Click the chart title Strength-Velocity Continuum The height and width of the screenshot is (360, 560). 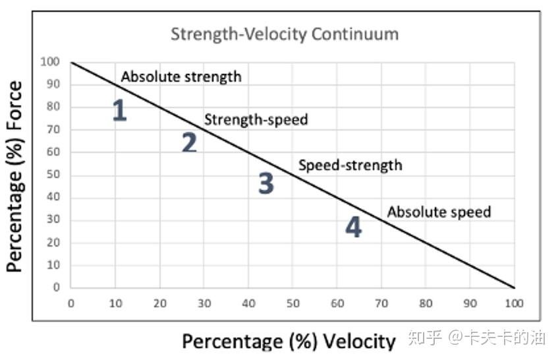click(x=285, y=34)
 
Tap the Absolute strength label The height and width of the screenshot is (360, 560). click(x=181, y=76)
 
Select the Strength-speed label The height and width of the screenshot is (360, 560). click(x=256, y=119)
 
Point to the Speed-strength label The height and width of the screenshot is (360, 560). click(x=350, y=165)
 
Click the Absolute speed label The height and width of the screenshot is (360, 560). click(x=439, y=212)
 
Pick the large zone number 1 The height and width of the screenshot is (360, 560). click(x=119, y=111)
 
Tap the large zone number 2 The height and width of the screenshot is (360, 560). click(x=189, y=142)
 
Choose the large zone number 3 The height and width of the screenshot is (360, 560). click(x=266, y=183)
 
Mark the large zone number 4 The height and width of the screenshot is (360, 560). click(x=354, y=227)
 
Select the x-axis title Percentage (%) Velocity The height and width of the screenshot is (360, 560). click(x=289, y=341)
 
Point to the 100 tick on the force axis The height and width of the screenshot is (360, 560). click(x=51, y=63)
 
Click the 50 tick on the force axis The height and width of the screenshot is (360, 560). click(x=53, y=175)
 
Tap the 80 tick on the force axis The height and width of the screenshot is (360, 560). click(x=53, y=107)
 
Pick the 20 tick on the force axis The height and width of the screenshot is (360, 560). click(x=53, y=243)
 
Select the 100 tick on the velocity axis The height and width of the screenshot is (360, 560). click(x=514, y=303)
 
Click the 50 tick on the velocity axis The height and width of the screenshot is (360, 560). click(x=293, y=303)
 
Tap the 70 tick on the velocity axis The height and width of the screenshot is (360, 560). click(x=381, y=303)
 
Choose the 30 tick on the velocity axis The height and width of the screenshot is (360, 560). click(x=204, y=303)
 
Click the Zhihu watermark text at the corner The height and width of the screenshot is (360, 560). click(x=477, y=338)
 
